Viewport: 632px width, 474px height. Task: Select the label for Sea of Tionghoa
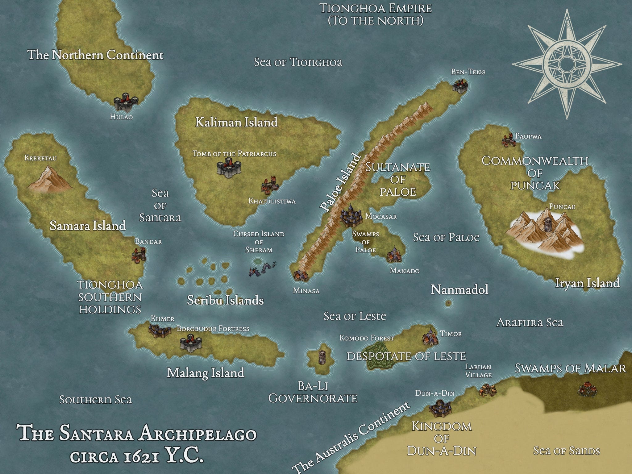(x=298, y=62)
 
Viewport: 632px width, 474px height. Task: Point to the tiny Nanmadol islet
(x=448, y=303)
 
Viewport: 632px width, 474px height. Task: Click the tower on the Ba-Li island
(x=322, y=357)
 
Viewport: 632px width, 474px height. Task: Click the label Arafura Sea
(x=530, y=322)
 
